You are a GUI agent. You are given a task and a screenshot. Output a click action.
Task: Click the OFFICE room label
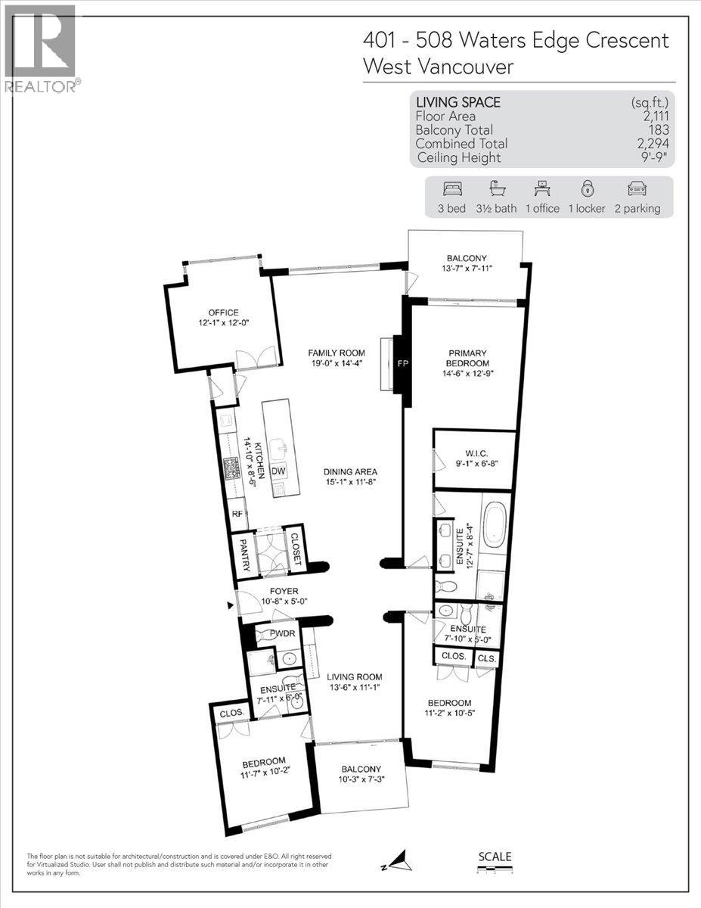[224, 313]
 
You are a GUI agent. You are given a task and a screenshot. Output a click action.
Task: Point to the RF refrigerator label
[237, 512]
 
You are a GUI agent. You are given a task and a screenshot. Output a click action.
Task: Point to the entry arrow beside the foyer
[230, 605]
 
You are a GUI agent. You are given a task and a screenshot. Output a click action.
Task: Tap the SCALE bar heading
[495, 857]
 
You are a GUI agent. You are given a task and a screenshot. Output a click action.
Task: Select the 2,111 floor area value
[655, 116]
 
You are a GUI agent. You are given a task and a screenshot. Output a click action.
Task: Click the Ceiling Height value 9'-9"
[654, 157]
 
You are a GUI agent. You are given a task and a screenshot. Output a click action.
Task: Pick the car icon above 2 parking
[637, 189]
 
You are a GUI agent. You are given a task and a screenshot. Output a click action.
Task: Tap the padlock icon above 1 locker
[587, 189]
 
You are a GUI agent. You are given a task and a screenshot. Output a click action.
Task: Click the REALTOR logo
[41, 49]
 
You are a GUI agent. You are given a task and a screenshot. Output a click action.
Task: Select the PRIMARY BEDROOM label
[467, 358]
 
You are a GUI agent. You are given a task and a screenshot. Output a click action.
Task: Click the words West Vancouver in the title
[438, 67]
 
